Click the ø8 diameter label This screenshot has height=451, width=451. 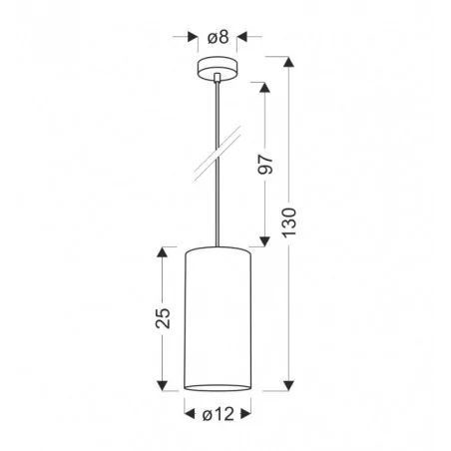(219, 38)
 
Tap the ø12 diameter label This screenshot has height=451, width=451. (219, 410)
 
